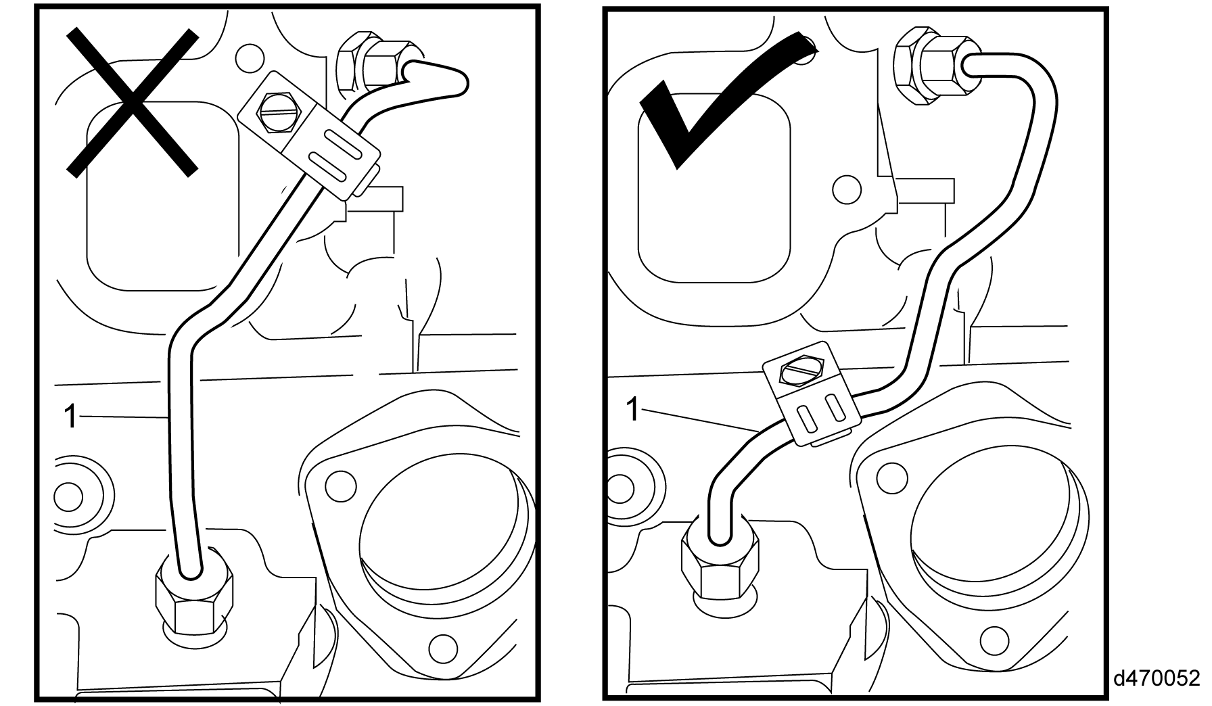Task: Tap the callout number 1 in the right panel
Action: coord(632,408)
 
